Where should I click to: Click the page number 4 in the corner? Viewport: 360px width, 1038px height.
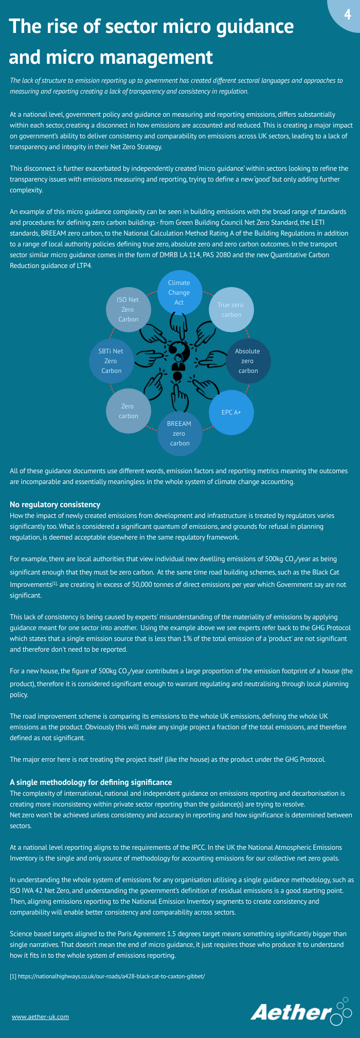348,14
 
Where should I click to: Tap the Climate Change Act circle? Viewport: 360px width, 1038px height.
179,293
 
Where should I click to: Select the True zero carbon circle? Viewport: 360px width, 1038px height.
231,310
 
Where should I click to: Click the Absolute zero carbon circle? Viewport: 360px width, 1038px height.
248,361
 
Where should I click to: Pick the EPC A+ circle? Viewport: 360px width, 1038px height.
231,412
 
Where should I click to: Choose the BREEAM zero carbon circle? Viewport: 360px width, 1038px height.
179,433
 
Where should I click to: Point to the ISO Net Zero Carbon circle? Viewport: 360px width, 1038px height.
128,310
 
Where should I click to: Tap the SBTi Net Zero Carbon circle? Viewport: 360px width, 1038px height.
111,361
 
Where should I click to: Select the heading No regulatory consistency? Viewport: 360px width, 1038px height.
55,505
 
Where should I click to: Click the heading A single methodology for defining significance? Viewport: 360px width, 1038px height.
91,782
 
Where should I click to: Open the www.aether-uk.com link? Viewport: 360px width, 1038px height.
40,1016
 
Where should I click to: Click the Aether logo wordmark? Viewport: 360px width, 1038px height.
291,1012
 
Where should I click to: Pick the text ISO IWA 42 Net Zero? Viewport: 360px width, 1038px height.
40,890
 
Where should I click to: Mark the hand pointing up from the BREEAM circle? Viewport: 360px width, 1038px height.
178,396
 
